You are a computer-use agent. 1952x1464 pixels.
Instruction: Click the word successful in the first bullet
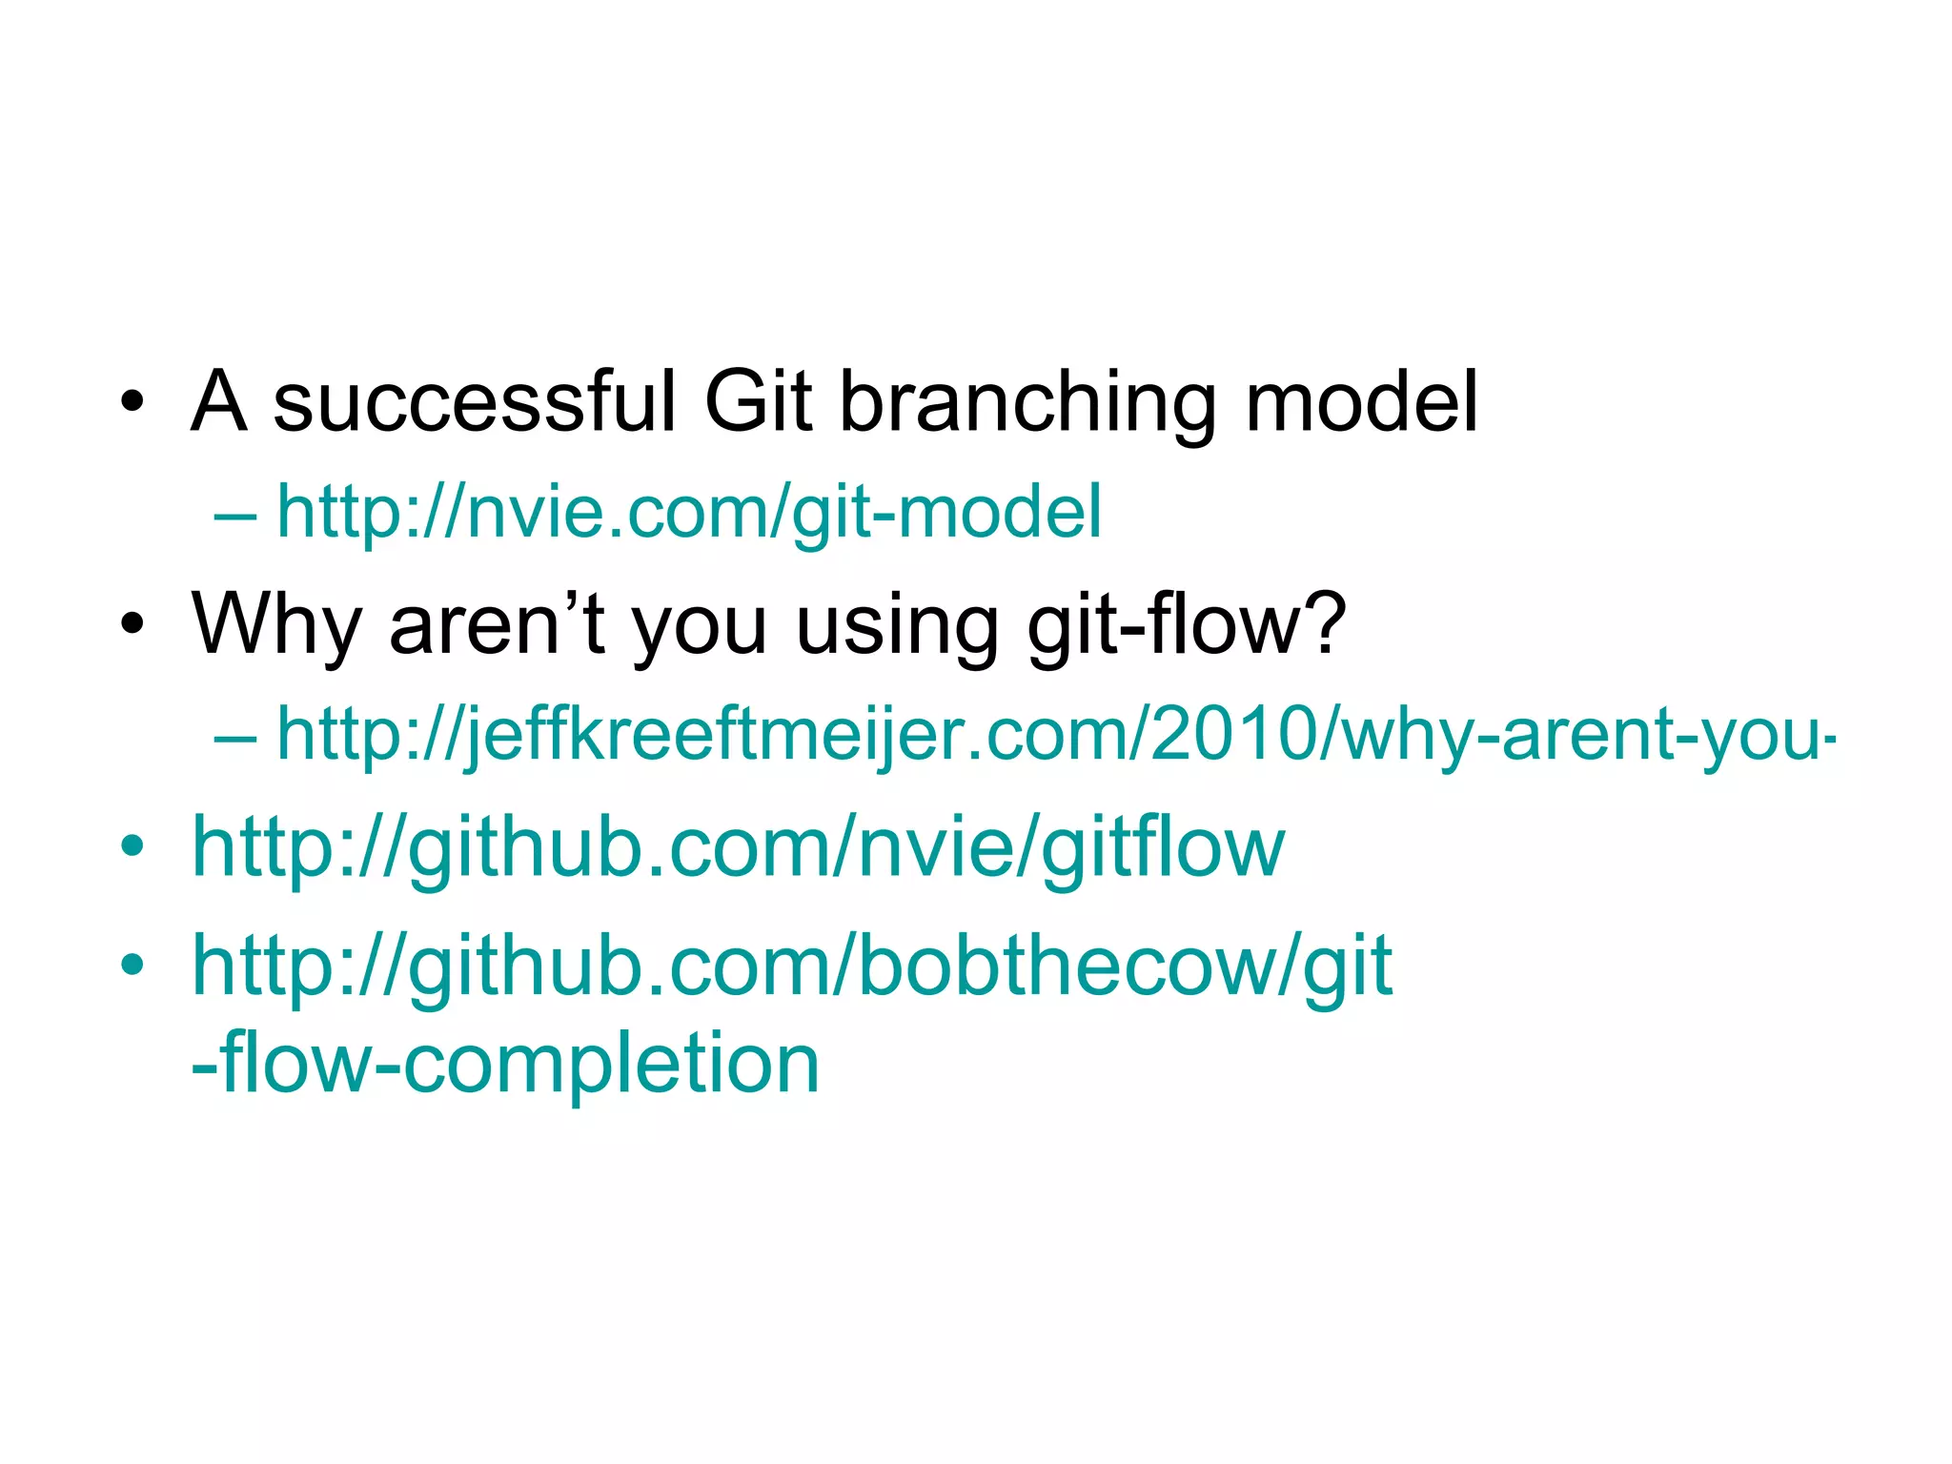click(474, 401)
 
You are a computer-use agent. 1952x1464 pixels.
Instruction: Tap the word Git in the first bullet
click(758, 401)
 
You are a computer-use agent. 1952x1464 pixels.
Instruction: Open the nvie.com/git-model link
click(688, 513)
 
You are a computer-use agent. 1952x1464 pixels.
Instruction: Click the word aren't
click(497, 623)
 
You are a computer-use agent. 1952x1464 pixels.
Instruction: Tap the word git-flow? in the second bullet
click(1187, 625)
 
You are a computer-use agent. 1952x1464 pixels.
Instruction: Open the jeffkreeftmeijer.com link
click(1055, 735)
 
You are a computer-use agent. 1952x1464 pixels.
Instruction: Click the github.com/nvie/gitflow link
click(738, 848)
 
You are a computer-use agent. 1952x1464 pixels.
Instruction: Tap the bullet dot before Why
click(132, 624)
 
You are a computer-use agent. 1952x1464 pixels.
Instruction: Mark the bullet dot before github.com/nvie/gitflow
click(132, 844)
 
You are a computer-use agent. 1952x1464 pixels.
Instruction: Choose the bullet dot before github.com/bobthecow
click(132, 964)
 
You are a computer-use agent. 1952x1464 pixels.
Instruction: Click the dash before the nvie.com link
click(235, 515)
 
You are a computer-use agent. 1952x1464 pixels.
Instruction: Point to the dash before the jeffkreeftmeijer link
click(235, 737)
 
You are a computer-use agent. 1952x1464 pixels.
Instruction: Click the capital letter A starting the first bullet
click(219, 401)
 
